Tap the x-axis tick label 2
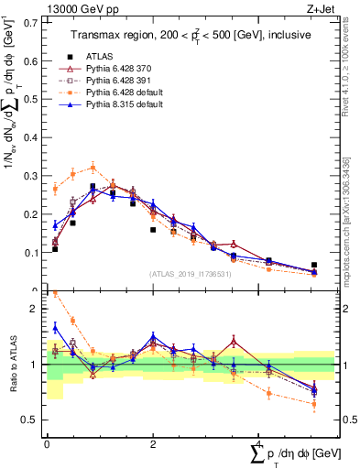point(152,443)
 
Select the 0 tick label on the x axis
point(47,443)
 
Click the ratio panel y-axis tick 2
point(38,309)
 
